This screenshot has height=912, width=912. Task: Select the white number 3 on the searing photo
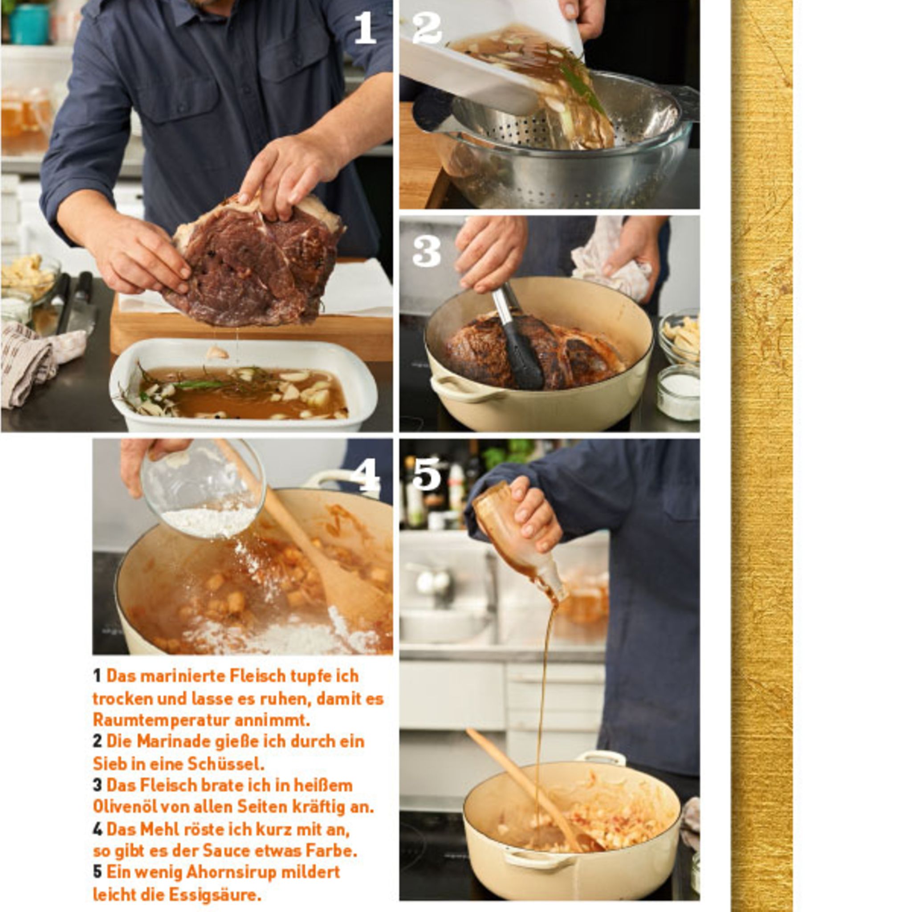pyautogui.click(x=427, y=251)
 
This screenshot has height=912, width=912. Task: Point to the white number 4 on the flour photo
pyautogui.click(x=365, y=475)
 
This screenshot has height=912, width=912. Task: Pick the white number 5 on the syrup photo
pyautogui.click(x=427, y=474)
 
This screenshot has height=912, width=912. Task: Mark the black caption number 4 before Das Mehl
pyautogui.click(x=98, y=829)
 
